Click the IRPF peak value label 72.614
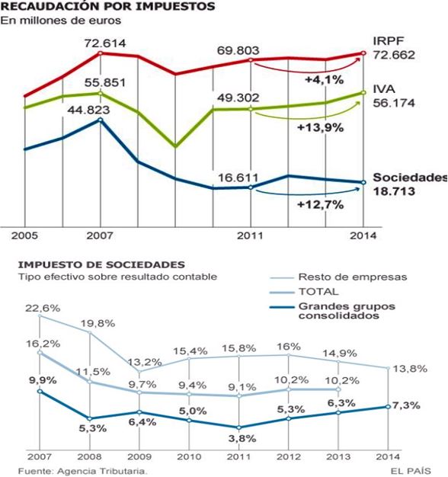(x=105, y=43)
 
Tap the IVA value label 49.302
(x=238, y=98)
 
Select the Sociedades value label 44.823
(x=88, y=110)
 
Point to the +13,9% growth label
(x=320, y=127)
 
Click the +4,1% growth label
(x=325, y=80)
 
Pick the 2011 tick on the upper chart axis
(x=250, y=235)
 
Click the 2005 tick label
(x=24, y=235)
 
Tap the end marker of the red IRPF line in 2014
(x=363, y=53)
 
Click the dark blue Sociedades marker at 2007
(x=101, y=120)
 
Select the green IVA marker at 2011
(x=251, y=109)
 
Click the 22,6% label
(x=43, y=308)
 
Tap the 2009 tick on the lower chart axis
(x=139, y=456)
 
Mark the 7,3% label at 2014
(x=407, y=405)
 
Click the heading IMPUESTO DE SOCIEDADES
(x=101, y=264)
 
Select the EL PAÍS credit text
(x=411, y=471)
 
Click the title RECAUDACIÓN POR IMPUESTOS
(x=107, y=6)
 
